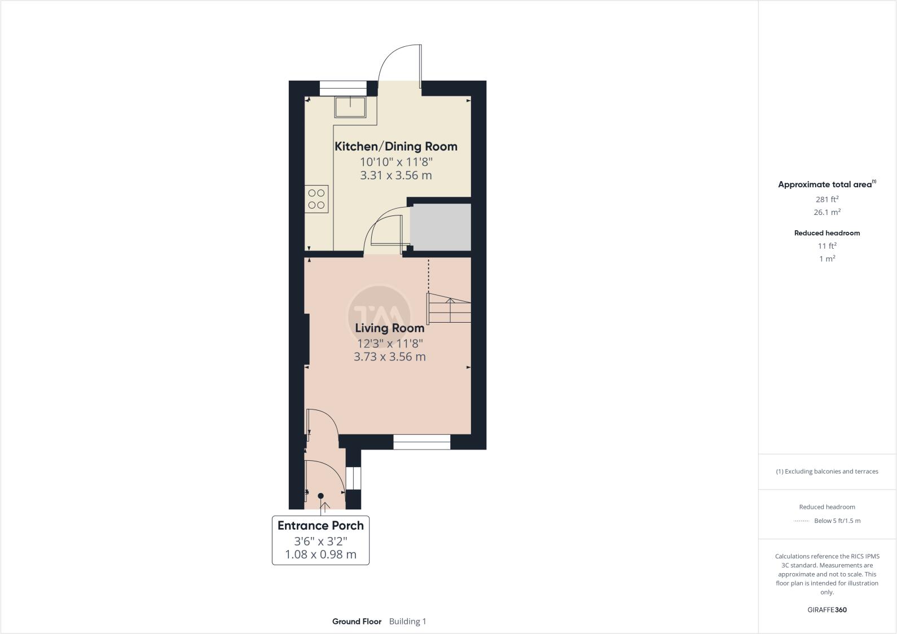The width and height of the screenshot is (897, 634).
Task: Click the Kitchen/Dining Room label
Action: (395, 147)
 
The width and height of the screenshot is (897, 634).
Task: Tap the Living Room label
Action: (389, 328)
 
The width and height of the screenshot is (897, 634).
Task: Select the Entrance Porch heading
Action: (320, 526)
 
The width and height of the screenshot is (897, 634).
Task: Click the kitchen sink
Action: (350, 106)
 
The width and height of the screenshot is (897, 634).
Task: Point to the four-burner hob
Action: (316, 199)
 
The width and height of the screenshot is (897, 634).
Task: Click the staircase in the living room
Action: (449, 308)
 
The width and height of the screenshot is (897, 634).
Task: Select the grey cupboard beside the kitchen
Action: (440, 227)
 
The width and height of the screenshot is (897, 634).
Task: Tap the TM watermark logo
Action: (379, 312)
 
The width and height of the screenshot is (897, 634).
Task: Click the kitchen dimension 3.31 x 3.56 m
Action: (395, 175)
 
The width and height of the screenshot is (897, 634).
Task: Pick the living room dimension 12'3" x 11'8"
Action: (389, 344)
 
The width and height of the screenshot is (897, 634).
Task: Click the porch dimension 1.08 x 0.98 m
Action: (320, 554)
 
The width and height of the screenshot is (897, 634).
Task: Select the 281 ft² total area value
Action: (826, 199)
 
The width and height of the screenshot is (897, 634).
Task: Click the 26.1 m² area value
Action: (826, 213)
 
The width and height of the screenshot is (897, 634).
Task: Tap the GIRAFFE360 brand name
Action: (826, 610)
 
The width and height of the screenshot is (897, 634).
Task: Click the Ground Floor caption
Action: (357, 622)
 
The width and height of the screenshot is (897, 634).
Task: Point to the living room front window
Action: (421, 442)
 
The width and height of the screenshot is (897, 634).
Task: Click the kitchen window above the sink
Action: (343, 88)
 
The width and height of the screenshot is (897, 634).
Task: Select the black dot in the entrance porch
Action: (321, 496)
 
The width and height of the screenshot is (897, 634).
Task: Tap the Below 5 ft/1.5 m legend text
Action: (837, 521)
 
